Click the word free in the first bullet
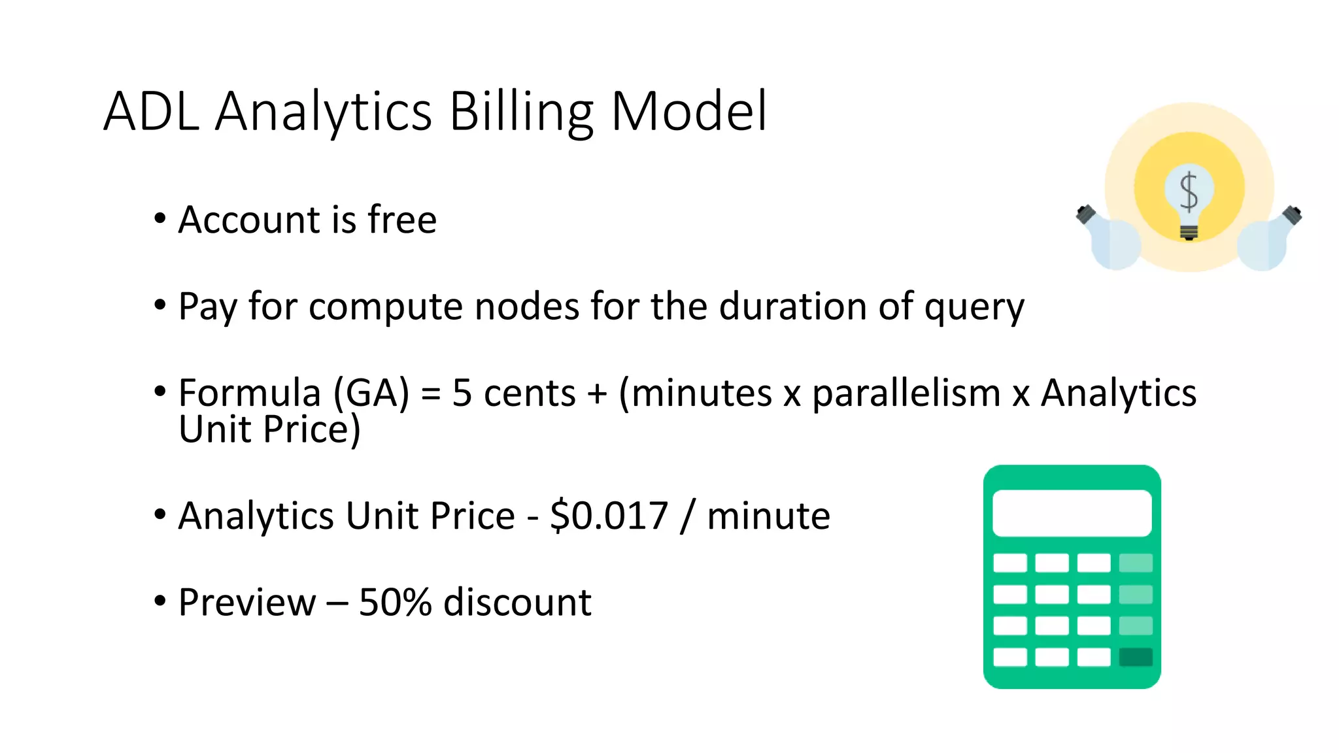tap(402, 220)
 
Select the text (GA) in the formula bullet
tap(371, 393)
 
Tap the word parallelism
tap(906, 393)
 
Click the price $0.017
tap(609, 516)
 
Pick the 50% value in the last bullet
tap(395, 602)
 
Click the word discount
tap(517, 602)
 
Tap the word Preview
tap(246, 602)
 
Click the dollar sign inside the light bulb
tap(1189, 192)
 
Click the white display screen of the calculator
tap(1072, 513)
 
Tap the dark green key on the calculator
tap(1136, 657)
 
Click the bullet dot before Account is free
tap(160, 220)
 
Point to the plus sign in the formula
tap(596, 393)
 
